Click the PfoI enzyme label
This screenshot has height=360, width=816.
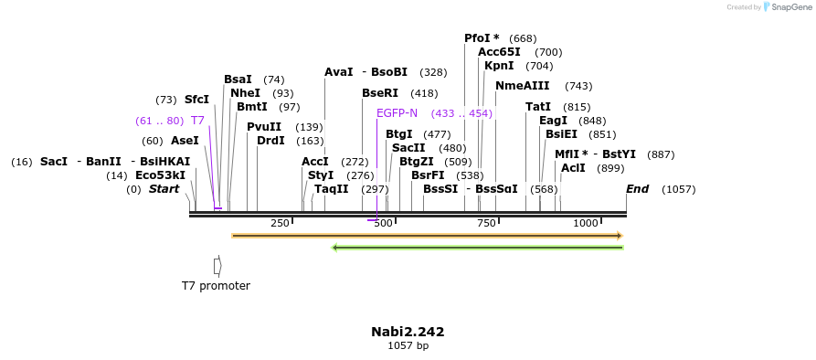pyautogui.click(x=477, y=38)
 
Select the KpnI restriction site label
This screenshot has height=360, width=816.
pyautogui.click(x=499, y=66)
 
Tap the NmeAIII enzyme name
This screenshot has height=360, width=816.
pyautogui.click(x=523, y=86)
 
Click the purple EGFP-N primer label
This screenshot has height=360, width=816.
pyautogui.click(x=397, y=113)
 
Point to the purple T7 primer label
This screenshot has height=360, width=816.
pyautogui.click(x=197, y=121)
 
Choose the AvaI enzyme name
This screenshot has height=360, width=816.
pyautogui.click(x=338, y=72)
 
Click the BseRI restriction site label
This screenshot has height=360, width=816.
pyautogui.click(x=380, y=93)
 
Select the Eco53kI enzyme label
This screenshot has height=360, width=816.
pyautogui.click(x=160, y=175)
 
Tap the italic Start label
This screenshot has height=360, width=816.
pyautogui.click(x=164, y=189)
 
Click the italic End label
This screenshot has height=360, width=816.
pyautogui.click(x=638, y=189)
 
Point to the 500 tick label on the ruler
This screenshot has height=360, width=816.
pyautogui.click(x=383, y=223)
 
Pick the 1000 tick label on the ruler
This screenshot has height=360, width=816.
pyautogui.click(x=586, y=223)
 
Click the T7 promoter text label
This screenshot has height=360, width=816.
pyautogui.click(x=216, y=286)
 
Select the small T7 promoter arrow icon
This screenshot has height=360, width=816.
pyautogui.click(x=217, y=265)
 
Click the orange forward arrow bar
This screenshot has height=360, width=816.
pyautogui.click(x=427, y=236)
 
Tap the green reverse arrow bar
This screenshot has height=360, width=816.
pyautogui.click(x=477, y=247)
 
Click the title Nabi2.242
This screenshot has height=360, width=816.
pyautogui.click(x=408, y=332)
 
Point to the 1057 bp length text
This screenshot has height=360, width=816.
pyautogui.click(x=408, y=345)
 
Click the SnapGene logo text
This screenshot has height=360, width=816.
pyautogui.click(x=791, y=7)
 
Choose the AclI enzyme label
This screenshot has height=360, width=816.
pyautogui.click(x=573, y=168)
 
